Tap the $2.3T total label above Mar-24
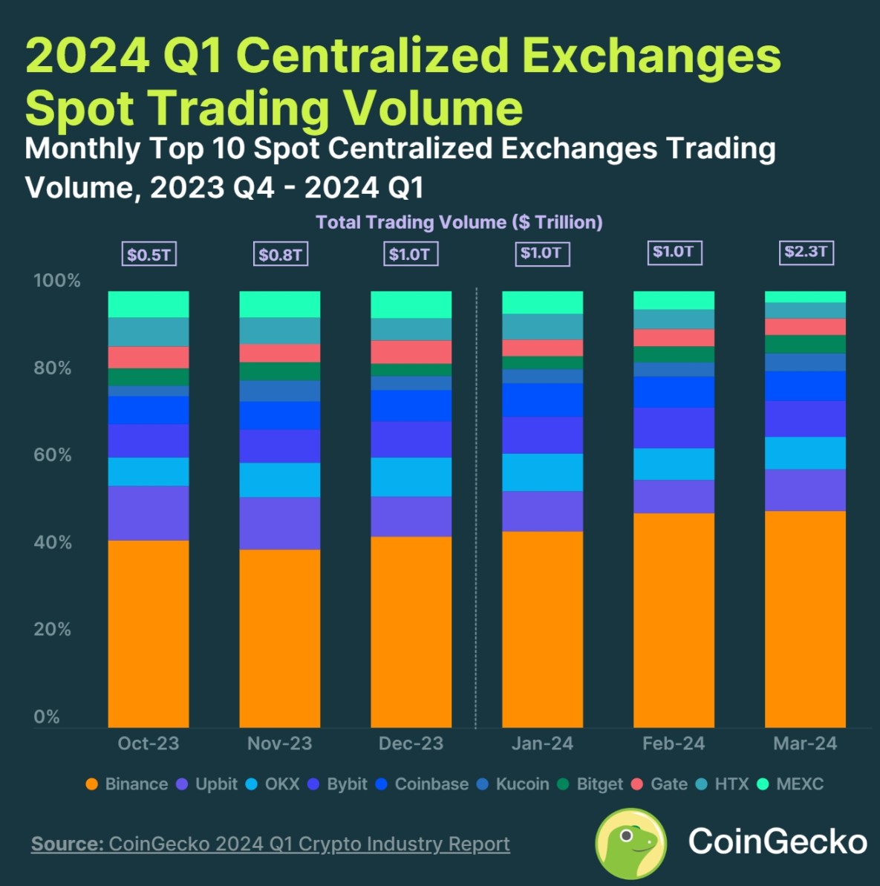(x=806, y=252)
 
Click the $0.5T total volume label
(x=149, y=255)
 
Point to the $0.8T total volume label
(x=280, y=255)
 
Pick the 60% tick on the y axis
(x=53, y=455)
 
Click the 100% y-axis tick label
(x=56, y=281)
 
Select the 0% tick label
(x=46, y=717)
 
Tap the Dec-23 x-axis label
(x=411, y=743)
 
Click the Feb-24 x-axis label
(x=674, y=743)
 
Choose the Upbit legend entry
(x=208, y=784)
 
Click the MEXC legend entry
(x=791, y=784)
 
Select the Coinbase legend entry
(x=423, y=784)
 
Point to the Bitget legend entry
(x=591, y=784)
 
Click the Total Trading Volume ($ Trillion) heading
(x=459, y=222)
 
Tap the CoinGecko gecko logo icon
(x=630, y=843)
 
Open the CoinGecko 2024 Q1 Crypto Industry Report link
(x=309, y=844)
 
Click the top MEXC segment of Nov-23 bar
(x=280, y=304)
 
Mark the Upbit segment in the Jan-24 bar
(x=542, y=511)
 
